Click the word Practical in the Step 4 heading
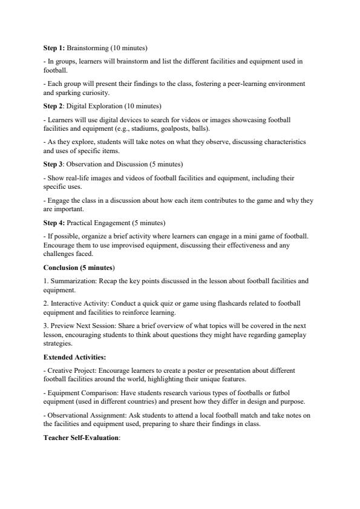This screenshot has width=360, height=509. pyautogui.click(x=80, y=222)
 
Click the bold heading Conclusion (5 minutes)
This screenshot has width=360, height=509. pyautogui.click(x=79, y=267)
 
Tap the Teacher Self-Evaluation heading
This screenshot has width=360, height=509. pyautogui.click(x=82, y=438)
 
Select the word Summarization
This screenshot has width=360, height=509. pyautogui.click(x=71, y=281)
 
